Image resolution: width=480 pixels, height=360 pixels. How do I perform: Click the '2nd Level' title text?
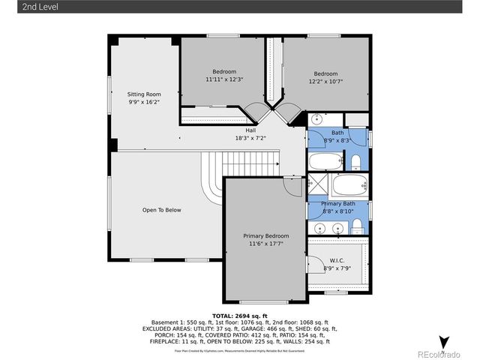click(x=20, y=7)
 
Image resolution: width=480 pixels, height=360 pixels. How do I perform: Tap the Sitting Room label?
click(x=143, y=94)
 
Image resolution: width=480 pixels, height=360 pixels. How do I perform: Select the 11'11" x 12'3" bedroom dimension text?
click(x=224, y=79)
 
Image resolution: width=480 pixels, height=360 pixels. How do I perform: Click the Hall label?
click(x=250, y=130)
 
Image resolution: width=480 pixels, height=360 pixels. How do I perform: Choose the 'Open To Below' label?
click(x=161, y=210)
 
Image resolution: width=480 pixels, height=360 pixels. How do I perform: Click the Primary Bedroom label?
click(x=265, y=236)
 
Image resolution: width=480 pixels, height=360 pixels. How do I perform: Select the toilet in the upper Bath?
click(x=357, y=163)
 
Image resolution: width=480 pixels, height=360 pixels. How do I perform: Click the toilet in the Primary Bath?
click(x=358, y=227)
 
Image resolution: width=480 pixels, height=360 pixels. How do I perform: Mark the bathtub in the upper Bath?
click(x=325, y=162)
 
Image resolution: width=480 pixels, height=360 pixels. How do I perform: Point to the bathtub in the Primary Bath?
click(x=347, y=185)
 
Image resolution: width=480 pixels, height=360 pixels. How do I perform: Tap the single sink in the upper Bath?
click(x=316, y=118)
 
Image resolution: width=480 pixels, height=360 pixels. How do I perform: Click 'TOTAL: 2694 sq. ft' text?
click(x=240, y=316)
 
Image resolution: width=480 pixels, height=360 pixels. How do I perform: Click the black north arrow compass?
click(x=444, y=343)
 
